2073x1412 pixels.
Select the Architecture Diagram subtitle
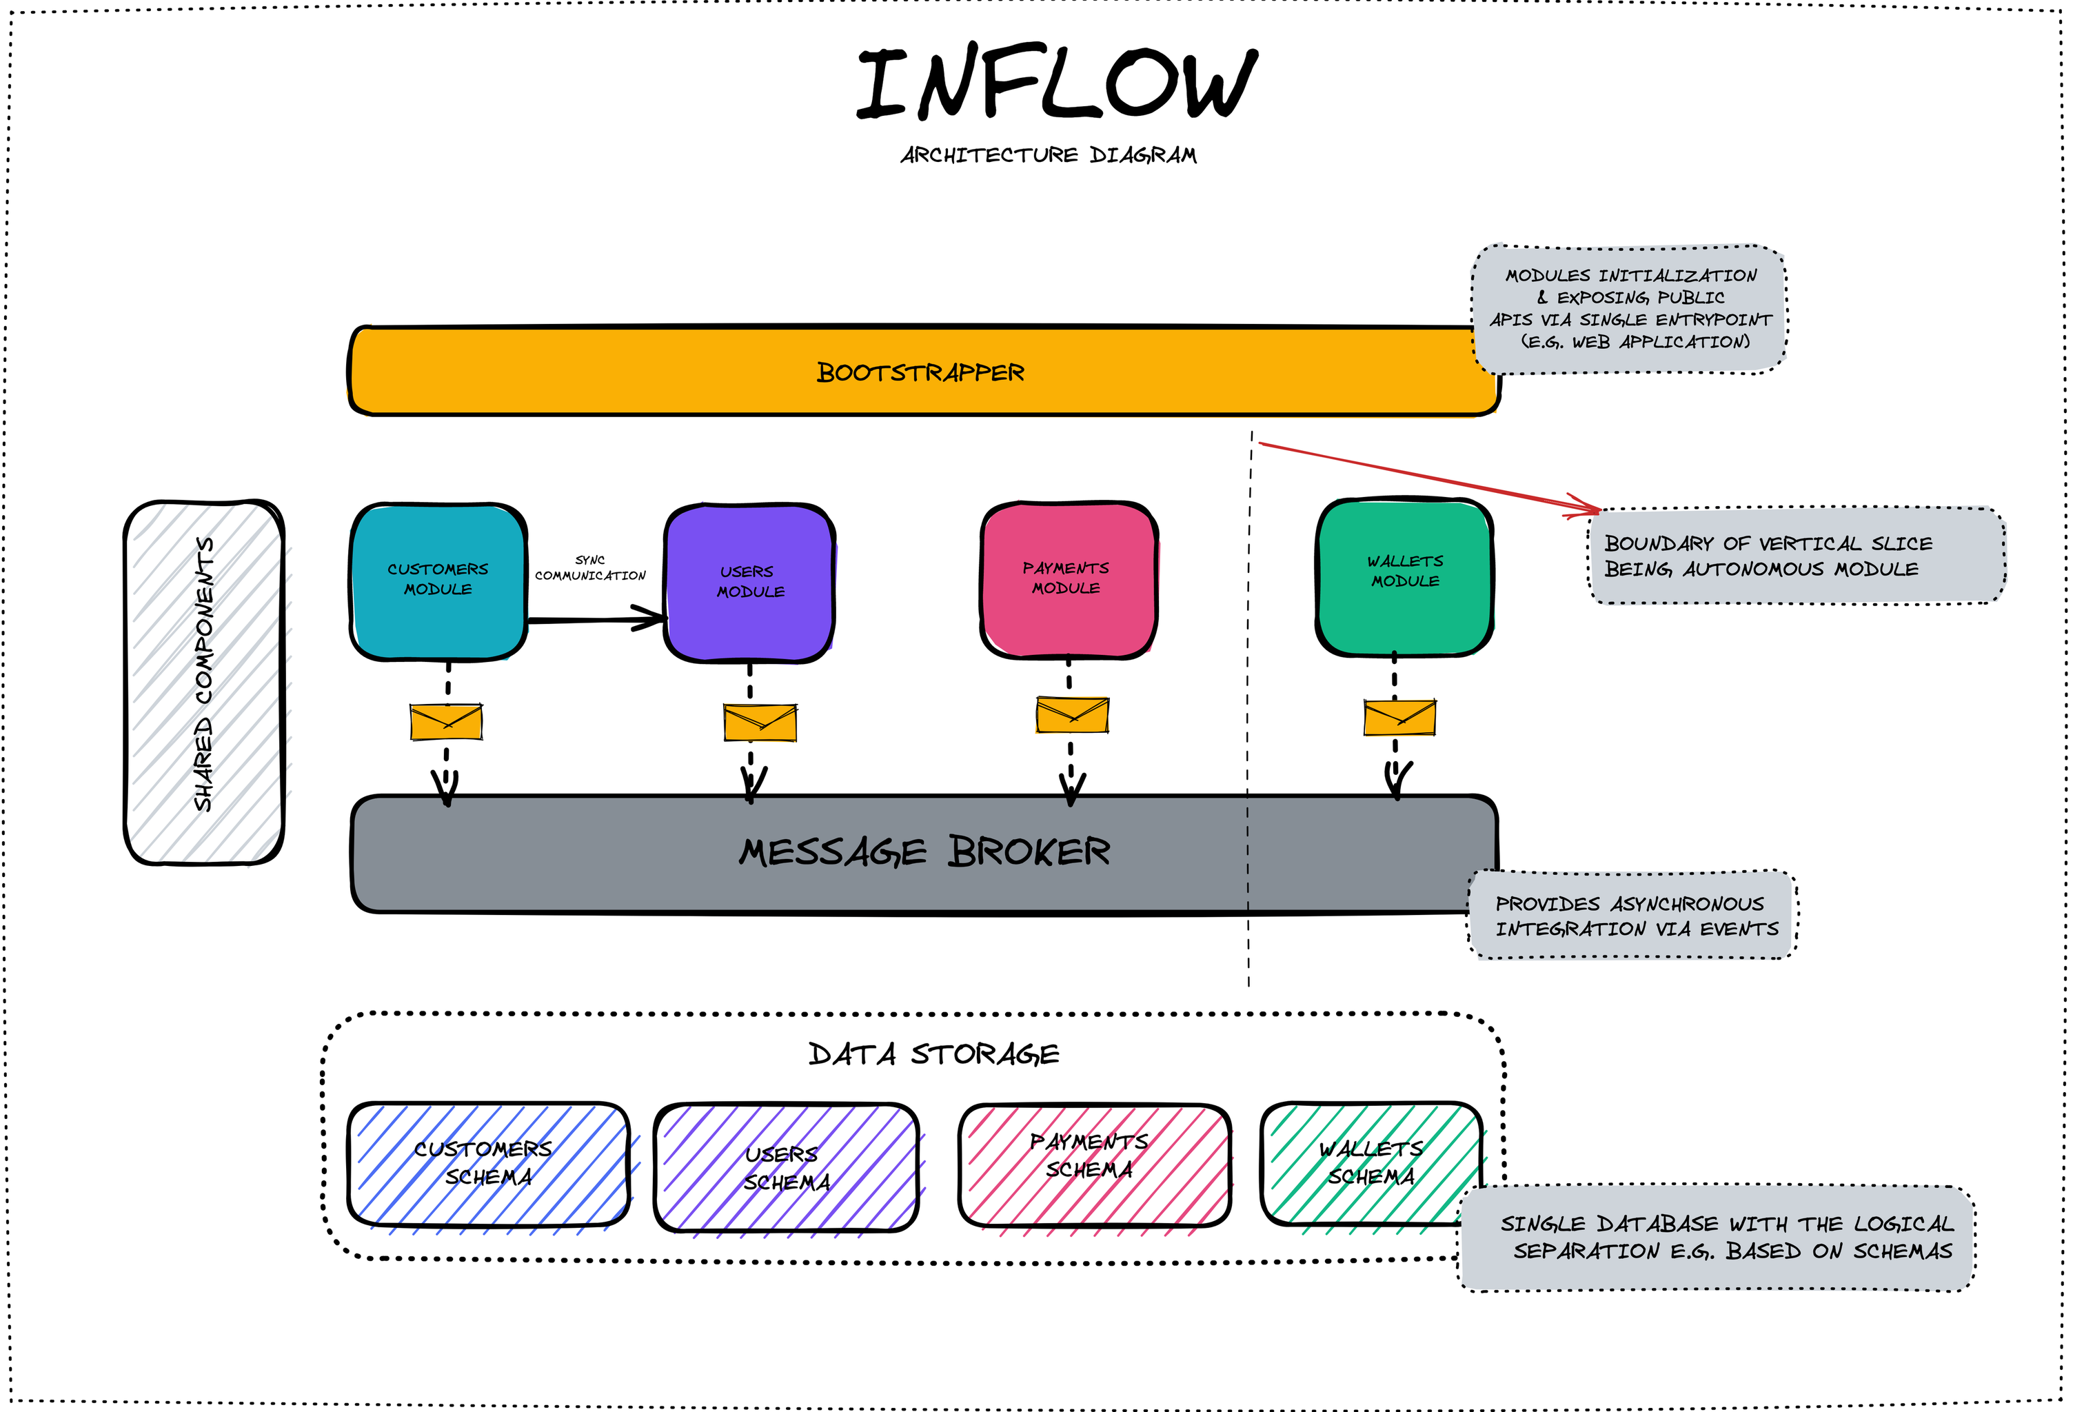(x=1048, y=155)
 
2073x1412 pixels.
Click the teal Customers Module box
(x=438, y=580)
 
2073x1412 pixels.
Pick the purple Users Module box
(x=750, y=582)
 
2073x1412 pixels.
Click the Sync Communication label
(x=589, y=568)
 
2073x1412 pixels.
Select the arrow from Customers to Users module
(x=596, y=618)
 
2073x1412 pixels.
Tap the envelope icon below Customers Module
(x=446, y=722)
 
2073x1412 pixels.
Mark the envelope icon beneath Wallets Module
(x=1399, y=718)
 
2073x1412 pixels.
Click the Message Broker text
(x=924, y=852)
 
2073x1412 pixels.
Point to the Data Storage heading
(x=933, y=1054)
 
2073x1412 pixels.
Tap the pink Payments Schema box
(x=1093, y=1164)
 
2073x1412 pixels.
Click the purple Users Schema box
(x=786, y=1168)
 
